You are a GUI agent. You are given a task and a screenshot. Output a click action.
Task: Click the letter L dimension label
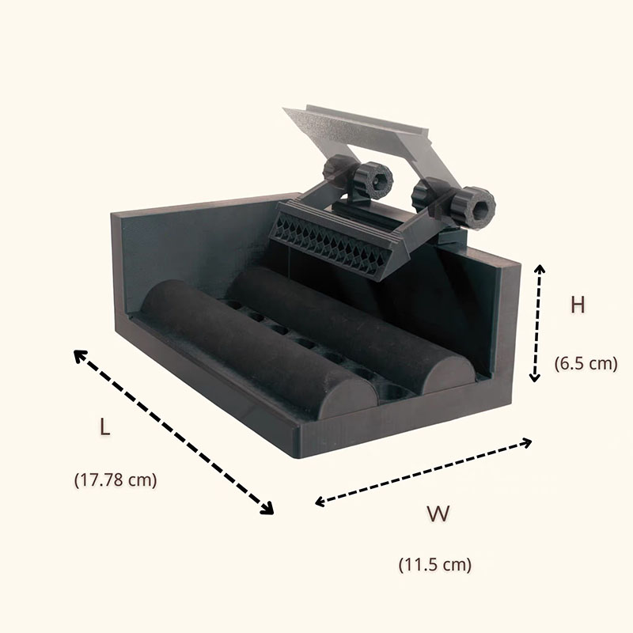pyautogui.click(x=105, y=426)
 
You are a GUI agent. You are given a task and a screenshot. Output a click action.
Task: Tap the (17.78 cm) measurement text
pyautogui.click(x=116, y=480)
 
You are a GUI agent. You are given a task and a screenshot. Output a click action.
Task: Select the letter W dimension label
pyautogui.click(x=438, y=513)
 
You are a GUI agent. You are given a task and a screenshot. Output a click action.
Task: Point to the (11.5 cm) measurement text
pyautogui.click(x=434, y=564)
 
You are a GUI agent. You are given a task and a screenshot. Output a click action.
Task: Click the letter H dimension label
pyautogui.click(x=578, y=305)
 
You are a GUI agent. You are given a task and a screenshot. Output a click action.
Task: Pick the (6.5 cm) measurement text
pyautogui.click(x=586, y=363)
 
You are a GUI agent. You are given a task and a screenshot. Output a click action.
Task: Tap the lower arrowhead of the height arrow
pyautogui.click(x=535, y=378)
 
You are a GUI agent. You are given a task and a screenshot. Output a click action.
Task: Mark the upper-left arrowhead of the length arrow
pyautogui.click(x=80, y=356)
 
